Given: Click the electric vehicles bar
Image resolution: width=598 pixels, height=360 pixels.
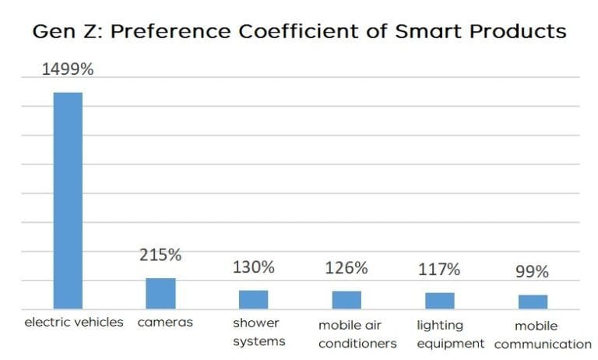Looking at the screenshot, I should pos(67,200).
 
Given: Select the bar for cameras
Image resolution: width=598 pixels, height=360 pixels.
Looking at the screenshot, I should pos(160,293).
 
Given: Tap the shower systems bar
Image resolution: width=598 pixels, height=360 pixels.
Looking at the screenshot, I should pos(254,299).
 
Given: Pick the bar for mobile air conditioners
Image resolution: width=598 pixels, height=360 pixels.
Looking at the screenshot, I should pos(346,300).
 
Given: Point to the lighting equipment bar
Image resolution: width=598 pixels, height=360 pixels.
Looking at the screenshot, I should pos(440,301).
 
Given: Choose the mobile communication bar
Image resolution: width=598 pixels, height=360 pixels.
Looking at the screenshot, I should pos(533,302).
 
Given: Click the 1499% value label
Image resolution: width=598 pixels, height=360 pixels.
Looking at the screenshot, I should pos(67,70).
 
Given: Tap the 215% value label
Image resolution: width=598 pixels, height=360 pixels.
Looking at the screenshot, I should pos(160,256).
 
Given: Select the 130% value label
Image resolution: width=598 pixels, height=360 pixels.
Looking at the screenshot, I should pos(254,267).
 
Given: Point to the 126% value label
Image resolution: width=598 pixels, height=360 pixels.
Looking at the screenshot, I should pos(346,269).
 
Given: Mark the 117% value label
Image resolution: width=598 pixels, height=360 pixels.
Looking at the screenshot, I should pos(440,270).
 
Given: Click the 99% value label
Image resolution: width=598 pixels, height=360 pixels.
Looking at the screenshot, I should pos(533,272).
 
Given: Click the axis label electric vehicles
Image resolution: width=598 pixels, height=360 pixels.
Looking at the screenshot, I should pos(74,322).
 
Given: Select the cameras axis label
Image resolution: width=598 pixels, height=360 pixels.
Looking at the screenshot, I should pos(165,322).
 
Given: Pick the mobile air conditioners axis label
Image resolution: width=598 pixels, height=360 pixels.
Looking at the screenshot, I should pos(357,334).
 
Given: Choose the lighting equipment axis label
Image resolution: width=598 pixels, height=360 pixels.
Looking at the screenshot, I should pos(450,334).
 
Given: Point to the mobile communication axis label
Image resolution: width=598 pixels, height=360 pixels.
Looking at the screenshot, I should pos(542,335).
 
